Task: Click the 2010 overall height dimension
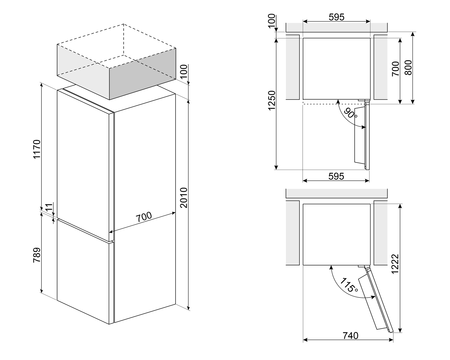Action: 184,198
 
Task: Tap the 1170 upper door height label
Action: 37,149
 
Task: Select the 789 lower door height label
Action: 37,255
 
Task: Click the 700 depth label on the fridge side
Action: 144,217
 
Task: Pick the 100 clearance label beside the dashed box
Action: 184,71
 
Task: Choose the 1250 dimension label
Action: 272,101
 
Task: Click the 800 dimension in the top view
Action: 408,68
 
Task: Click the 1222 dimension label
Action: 395,264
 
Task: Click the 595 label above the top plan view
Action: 337,17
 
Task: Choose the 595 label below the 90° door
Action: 336,177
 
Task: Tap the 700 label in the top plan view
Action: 395,69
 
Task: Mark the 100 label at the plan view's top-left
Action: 271,21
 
